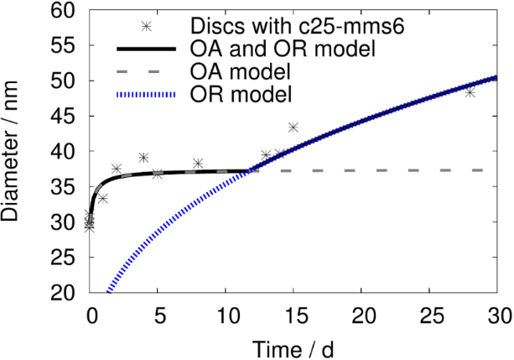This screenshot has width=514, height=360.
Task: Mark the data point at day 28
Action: [470, 92]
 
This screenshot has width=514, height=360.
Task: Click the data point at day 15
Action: [293, 128]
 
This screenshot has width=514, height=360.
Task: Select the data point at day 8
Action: [198, 163]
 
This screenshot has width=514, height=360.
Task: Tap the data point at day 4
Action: [143, 158]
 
